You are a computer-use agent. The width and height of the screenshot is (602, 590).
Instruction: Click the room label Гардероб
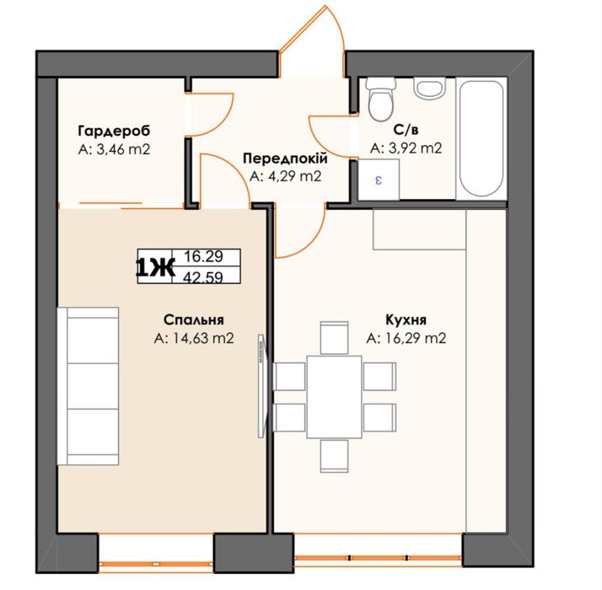pos(114,131)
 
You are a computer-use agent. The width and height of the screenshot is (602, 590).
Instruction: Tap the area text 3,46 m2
pos(123,149)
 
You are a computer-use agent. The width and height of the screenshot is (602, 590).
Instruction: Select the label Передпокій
pos(285,158)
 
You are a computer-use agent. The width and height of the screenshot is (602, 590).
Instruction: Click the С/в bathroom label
pos(406,130)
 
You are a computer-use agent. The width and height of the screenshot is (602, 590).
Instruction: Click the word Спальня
pos(194,319)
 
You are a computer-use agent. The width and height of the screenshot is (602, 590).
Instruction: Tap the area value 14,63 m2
pos(202,338)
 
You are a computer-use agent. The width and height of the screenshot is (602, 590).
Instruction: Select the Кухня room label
pos(406,319)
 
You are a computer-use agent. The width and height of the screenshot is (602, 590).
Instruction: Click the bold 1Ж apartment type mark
pos(155,267)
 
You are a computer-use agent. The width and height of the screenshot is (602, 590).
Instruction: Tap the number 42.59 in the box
pos(203,276)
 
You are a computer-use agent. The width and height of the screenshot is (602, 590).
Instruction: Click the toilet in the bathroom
pos(380,99)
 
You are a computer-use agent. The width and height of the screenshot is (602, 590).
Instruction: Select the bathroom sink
pos(430,88)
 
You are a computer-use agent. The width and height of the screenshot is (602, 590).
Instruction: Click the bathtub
pos(481,138)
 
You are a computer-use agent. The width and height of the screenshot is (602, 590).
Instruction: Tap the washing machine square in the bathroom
pos(379,180)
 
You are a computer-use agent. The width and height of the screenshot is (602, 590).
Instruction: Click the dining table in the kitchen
pos(334,397)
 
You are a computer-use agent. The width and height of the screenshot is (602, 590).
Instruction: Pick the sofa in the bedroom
pos(88,386)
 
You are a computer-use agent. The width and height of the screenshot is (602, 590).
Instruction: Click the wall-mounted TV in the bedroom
pos(261,386)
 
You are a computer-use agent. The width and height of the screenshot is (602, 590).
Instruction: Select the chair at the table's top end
pos(334,337)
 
